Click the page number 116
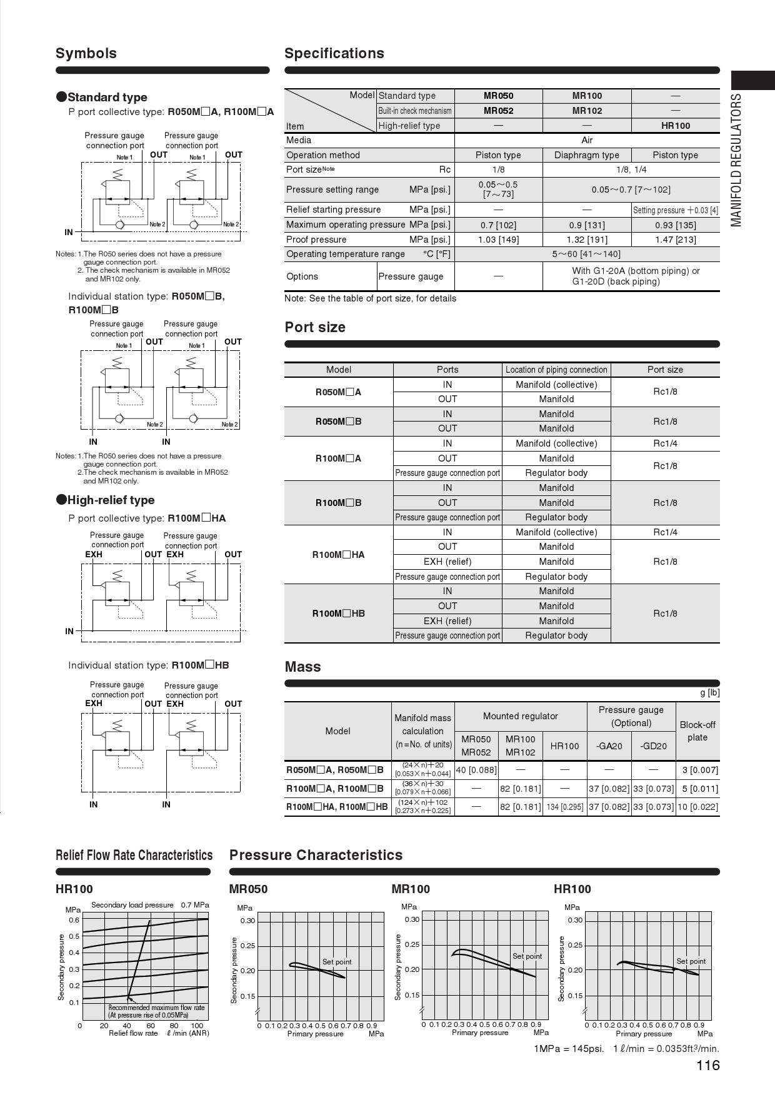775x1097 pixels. point(707,1066)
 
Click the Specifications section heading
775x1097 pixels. point(334,53)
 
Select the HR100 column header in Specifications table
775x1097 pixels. point(675,126)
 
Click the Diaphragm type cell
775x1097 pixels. point(586,155)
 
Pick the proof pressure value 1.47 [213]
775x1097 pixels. point(675,240)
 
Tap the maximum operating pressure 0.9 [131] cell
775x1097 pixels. point(586,225)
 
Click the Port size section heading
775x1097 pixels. point(315,327)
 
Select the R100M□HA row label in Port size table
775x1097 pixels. point(338,555)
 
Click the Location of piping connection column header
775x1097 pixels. point(556,370)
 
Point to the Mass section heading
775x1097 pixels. point(302,667)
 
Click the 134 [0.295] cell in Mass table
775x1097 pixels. point(564,807)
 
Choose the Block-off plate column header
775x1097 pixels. point(697,731)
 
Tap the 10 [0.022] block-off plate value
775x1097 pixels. point(697,807)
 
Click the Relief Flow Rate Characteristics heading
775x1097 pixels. point(134,855)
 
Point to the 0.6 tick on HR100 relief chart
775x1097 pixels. point(74,920)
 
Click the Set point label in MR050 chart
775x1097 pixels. point(337,962)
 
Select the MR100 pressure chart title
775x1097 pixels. point(411,889)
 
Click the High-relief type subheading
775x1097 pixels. point(111,500)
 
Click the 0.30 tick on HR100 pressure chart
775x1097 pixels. point(575,920)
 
